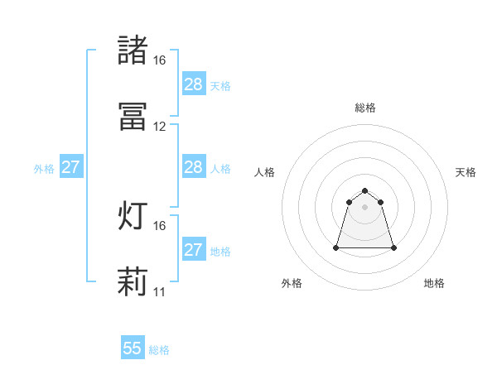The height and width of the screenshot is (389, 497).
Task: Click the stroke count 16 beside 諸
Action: [x=159, y=60]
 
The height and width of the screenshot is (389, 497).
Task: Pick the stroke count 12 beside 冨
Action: [x=159, y=127]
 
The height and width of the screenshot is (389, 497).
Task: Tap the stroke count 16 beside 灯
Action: [x=159, y=225]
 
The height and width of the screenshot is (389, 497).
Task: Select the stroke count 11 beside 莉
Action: [x=159, y=291]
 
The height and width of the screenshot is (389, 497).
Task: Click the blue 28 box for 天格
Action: [x=193, y=84]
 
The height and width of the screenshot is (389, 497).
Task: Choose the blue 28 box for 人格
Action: [x=193, y=167]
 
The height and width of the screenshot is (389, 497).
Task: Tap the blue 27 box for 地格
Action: [x=193, y=250]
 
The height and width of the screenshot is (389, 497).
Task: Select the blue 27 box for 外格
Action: [x=71, y=167]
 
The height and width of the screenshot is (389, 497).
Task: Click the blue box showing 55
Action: [x=133, y=348]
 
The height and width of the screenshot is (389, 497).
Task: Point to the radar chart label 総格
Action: [x=365, y=108]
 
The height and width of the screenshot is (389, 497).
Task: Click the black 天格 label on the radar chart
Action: [x=466, y=172]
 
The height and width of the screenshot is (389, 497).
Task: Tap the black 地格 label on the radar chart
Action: [x=434, y=283]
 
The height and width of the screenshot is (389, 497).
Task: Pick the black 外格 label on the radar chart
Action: [x=292, y=283]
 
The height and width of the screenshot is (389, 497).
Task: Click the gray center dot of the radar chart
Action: [x=365, y=206]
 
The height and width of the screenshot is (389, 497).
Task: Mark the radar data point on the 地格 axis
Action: [x=393, y=247]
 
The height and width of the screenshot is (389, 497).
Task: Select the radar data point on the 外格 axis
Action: [x=337, y=247]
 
